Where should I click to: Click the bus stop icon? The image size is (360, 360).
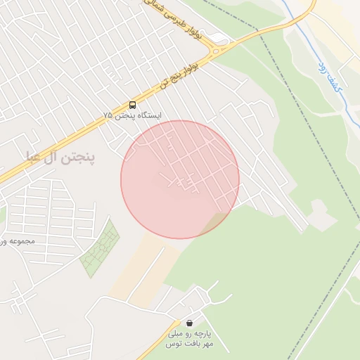pos(132,105)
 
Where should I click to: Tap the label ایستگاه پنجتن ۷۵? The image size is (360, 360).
pos(132,115)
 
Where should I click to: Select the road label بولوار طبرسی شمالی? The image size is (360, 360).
pos(178,20)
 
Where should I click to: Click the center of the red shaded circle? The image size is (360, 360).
pos(180,179)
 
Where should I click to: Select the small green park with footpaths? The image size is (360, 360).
pos(99,249)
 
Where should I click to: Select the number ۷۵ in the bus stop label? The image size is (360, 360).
pos(108,115)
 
